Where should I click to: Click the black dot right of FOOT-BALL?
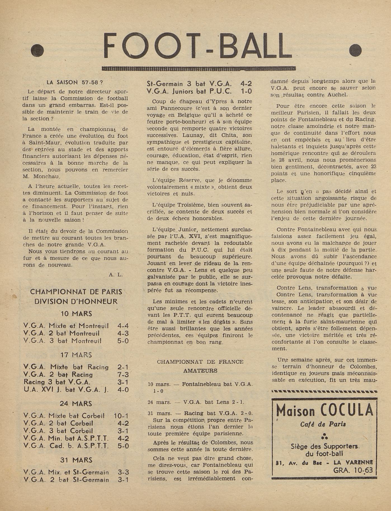(355, 51)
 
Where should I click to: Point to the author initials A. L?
(116, 274)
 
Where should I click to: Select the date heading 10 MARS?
(76, 313)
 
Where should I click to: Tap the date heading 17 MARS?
(76, 355)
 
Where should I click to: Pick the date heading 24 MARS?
(76, 403)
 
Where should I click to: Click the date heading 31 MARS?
(76, 460)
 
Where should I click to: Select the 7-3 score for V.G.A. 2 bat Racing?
(123, 375)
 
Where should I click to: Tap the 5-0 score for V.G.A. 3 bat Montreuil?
(123, 341)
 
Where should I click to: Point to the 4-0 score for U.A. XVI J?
(123, 390)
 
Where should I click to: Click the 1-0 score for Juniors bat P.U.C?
(246, 91)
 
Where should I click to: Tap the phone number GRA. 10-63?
(353, 470)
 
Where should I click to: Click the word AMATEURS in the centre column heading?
(200, 371)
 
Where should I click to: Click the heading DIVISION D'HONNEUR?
(76, 301)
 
